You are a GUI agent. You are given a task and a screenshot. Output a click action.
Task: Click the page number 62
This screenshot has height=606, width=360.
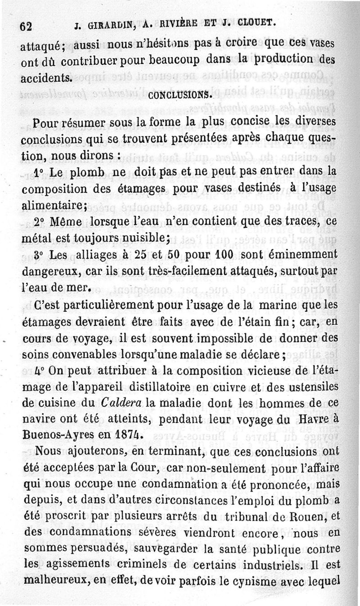coord(25,26)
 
